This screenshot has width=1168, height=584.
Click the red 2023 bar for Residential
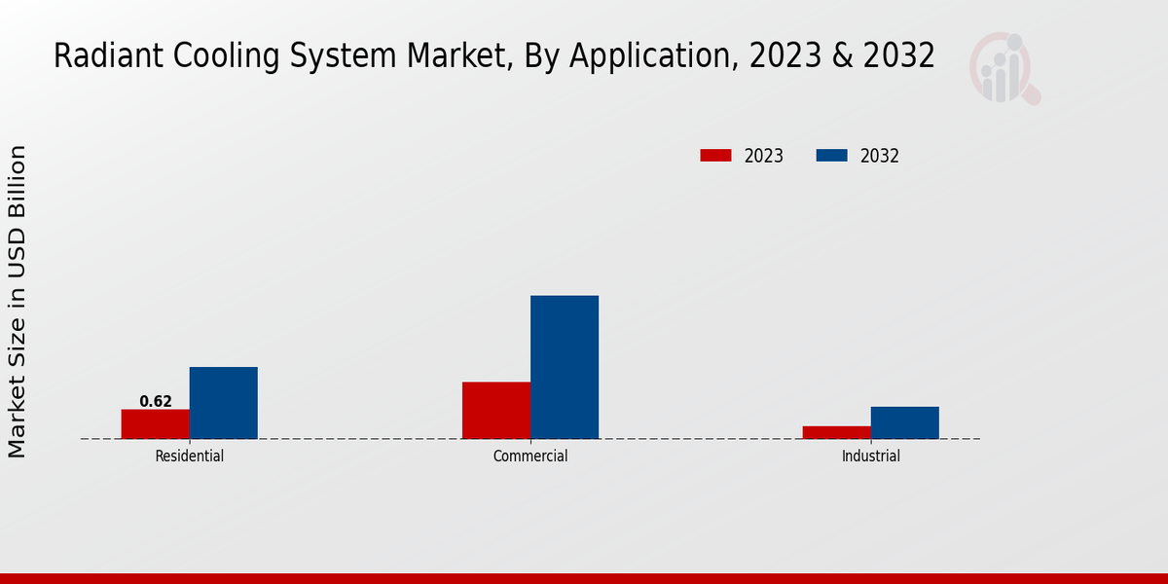pyautogui.click(x=156, y=423)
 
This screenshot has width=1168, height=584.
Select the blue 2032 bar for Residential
pyautogui.click(x=224, y=402)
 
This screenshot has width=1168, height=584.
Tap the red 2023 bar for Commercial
pyautogui.click(x=496, y=410)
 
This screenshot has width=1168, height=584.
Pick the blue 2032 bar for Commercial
pyautogui.click(x=565, y=367)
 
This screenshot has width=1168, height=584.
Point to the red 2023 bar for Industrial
pyautogui.click(x=837, y=432)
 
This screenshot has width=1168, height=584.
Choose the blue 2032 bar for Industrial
pyautogui.click(x=905, y=422)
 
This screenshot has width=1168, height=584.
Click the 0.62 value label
pyautogui.click(x=156, y=401)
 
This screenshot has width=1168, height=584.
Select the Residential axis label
pyautogui.click(x=190, y=456)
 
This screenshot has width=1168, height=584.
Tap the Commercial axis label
pyautogui.click(x=530, y=456)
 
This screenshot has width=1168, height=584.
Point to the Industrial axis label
pyautogui.click(x=871, y=456)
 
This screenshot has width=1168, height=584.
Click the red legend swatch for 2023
pyautogui.click(x=715, y=156)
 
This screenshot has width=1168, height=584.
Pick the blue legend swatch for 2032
pyautogui.click(x=831, y=156)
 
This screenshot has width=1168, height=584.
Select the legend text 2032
pyautogui.click(x=880, y=156)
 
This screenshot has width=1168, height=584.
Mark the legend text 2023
pyautogui.click(x=764, y=156)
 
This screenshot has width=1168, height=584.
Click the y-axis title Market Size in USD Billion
pyautogui.click(x=18, y=302)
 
